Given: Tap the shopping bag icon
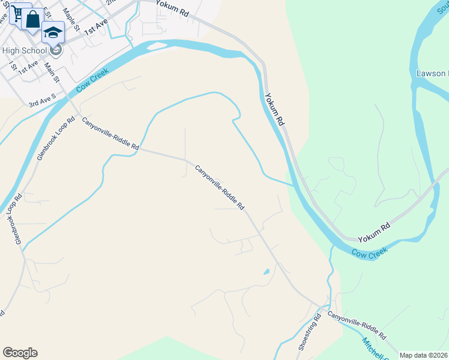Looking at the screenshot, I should click(x=33, y=19).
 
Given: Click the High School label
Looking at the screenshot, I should click(x=24, y=51).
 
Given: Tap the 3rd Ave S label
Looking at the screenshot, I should click(x=42, y=100).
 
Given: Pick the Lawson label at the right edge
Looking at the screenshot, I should click(x=432, y=73).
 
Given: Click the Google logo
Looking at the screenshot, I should click(x=20, y=353).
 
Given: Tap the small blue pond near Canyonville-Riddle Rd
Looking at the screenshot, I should click(x=266, y=272).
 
